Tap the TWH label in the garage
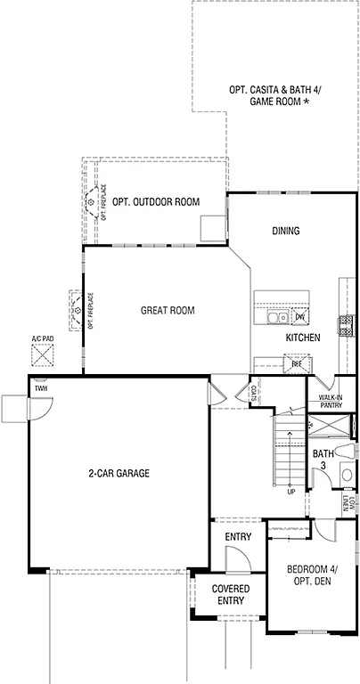click(x=41, y=388)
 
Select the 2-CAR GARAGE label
click(x=119, y=474)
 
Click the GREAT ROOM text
click(x=168, y=311)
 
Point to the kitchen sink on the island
click(x=279, y=317)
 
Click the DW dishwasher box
click(x=300, y=317)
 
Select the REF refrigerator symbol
click(x=294, y=362)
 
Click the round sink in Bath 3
click(x=347, y=475)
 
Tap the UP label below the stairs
click(x=290, y=492)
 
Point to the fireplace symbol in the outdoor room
click(x=93, y=202)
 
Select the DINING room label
click(x=285, y=232)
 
